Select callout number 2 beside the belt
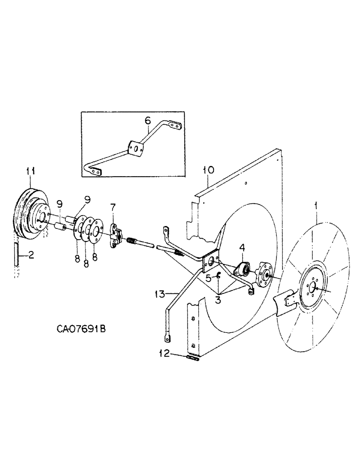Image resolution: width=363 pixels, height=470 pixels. [x=31, y=255]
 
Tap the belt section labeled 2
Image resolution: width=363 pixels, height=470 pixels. [x=17, y=255]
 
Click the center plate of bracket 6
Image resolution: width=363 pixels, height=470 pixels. [x=136, y=149]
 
